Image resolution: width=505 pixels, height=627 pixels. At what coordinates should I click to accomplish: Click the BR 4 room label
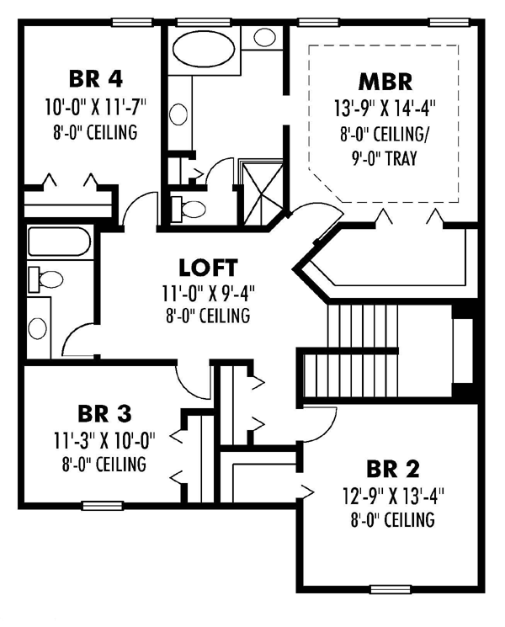click(96, 79)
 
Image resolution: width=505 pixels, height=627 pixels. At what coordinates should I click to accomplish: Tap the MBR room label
click(385, 81)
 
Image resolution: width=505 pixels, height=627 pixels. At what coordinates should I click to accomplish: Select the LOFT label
click(208, 268)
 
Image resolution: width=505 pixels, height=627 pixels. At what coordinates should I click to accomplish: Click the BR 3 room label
click(104, 414)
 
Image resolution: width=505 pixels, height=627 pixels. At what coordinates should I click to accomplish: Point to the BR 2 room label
click(393, 469)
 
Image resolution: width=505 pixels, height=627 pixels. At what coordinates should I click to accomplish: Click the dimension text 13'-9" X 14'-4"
click(385, 108)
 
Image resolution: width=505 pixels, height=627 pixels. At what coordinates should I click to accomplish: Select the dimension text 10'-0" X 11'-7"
click(96, 107)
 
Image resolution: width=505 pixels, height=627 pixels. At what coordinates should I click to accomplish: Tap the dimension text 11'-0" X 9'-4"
click(209, 294)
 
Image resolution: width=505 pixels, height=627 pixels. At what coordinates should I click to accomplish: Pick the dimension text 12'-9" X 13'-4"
click(393, 497)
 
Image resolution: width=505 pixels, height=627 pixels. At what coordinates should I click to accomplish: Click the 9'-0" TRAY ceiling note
click(385, 158)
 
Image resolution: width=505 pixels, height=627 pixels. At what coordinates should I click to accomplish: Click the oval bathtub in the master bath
click(205, 49)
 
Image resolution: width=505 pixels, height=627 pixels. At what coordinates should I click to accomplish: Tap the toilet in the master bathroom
click(189, 209)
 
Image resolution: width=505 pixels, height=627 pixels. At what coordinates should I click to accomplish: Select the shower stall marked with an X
click(263, 194)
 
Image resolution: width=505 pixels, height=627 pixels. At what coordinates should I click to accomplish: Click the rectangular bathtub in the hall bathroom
click(60, 242)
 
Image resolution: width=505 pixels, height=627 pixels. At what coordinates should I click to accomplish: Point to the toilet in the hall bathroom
click(45, 279)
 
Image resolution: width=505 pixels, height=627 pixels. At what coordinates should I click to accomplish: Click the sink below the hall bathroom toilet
click(37, 328)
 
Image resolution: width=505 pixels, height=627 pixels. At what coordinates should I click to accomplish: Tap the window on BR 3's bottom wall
click(103, 506)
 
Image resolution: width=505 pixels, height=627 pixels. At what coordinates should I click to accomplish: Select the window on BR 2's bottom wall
click(391, 589)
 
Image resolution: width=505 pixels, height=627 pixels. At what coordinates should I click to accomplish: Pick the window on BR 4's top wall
click(132, 23)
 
